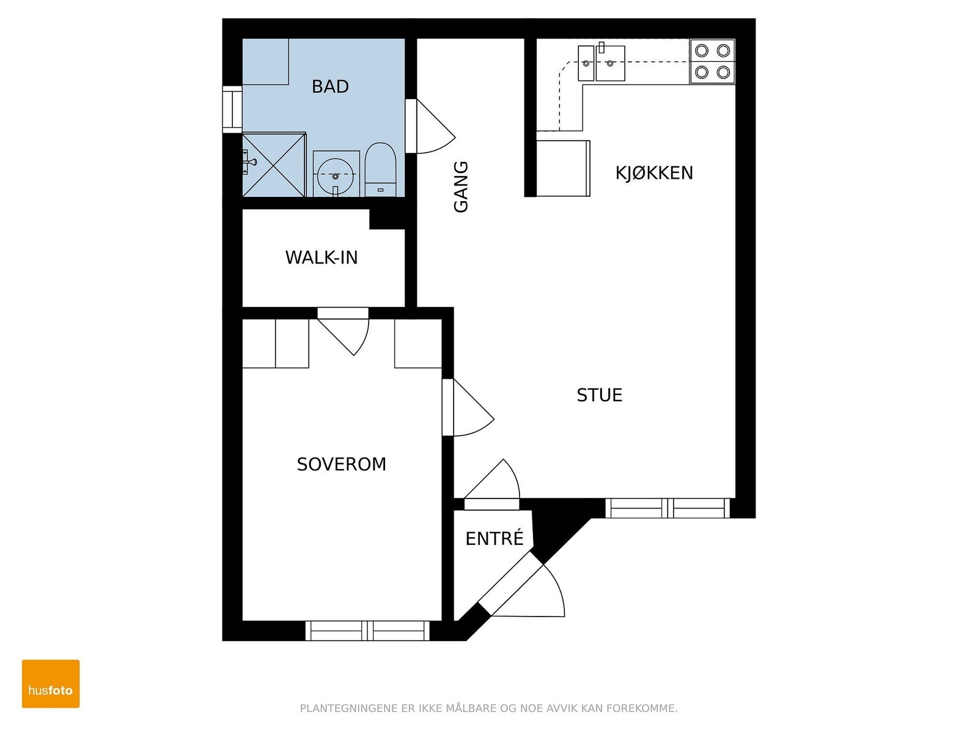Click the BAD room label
(x=329, y=86)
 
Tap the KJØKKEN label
(x=653, y=173)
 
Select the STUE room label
(x=599, y=395)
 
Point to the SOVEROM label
(x=341, y=464)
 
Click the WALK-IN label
(x=322, y=258)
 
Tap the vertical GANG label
(x=461, y=187)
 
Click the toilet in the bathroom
(x=381, y=169)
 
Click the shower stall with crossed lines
(x=274, y=165)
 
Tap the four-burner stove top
(x=712, y=62)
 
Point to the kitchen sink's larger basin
(x=611, y=63)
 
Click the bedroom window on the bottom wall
(x=367, y=631)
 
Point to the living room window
(x=667, y=508)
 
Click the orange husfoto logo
(x=51, y=684)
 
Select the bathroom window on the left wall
(x=232, y=109)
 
